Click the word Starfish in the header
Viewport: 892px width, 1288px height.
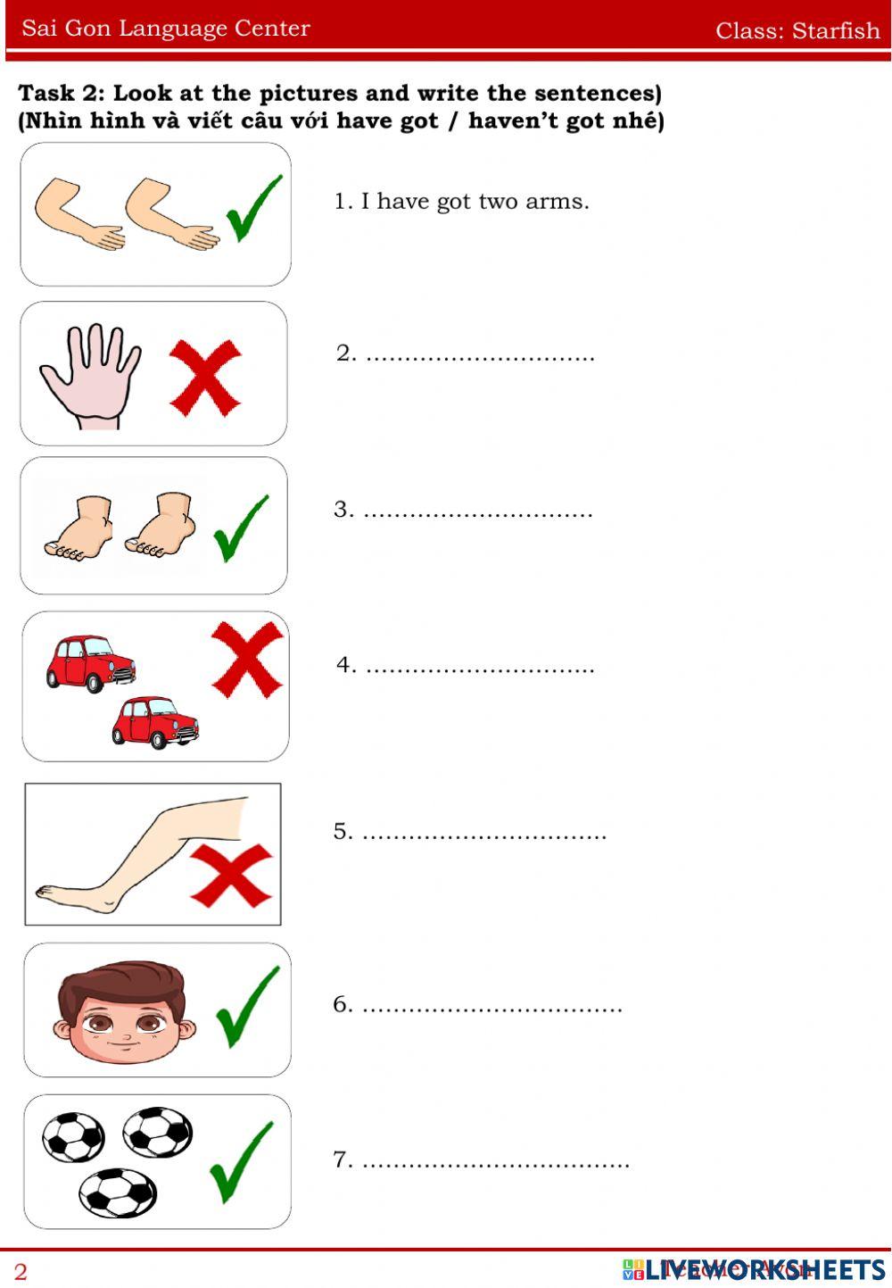(x=836, y=30)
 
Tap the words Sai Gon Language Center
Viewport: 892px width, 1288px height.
(x=166, y=29)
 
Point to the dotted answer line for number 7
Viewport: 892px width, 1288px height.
(x=495, y=1162)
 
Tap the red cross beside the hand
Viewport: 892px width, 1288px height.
(x=205, y=377)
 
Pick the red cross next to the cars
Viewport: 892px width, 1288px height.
(x=247, y=659)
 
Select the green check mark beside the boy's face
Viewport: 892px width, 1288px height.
(x=247, y=1006)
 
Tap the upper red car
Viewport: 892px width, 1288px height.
(x=90, y=662)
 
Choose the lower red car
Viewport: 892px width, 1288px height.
(x=154, y=721)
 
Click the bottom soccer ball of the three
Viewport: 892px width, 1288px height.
(x=118, y=1193)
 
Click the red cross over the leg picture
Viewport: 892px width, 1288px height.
(x=231, y=876)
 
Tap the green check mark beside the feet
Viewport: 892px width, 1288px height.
(x=240, y=528)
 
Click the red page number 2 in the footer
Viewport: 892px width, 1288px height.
(x=21, y=1271)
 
